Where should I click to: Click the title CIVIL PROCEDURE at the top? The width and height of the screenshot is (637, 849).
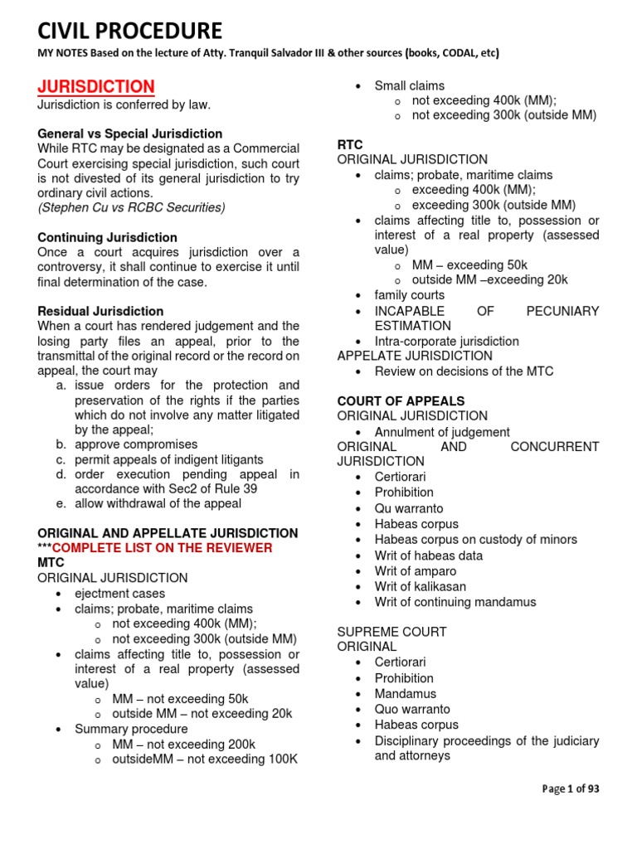click(x=129, y=31)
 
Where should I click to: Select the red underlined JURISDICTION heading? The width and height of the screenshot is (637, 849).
click(x=95, y=86)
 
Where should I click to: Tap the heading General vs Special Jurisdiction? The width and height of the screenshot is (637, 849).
click(x=129, y=133)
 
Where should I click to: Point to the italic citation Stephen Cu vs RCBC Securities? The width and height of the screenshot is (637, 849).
click(x=131, y=207)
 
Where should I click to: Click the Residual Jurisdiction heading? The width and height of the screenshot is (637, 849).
click(x=100, y=311)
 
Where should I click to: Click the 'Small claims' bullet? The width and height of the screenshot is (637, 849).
click(x=409, y=85)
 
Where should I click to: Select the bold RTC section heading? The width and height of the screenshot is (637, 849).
click(x=350, y=144)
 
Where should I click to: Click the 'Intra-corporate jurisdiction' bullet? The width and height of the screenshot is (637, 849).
click(x=446, y=341)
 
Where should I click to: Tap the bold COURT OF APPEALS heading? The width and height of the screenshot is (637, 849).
click(x=401, y=400)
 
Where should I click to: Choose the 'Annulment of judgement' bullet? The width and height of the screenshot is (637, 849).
click(x=442, y=432)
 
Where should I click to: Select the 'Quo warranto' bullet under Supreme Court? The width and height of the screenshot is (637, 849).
click(x=412, y=709)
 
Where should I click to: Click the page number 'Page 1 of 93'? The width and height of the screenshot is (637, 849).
click(x=570, y=788)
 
